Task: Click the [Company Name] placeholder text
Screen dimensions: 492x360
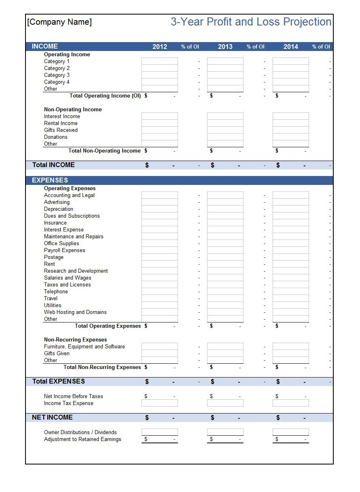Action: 59,22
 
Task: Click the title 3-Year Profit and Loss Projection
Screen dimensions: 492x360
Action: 251,22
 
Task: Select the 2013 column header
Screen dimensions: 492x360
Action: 225,47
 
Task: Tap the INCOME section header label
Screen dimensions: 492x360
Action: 45,47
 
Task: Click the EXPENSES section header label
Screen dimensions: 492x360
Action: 50,180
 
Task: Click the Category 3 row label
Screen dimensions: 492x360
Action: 57,75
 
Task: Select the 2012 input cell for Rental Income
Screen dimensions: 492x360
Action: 159,123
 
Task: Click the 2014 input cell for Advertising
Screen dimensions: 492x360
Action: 290,202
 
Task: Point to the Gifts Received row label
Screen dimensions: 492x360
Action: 61,130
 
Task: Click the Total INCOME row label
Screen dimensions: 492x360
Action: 53,165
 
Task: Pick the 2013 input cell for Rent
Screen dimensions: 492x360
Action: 225,264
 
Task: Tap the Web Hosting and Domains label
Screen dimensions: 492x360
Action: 75,312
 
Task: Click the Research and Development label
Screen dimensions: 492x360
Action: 76,271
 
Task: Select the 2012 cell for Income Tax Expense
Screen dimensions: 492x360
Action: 159,403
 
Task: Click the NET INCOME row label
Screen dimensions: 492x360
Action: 52,417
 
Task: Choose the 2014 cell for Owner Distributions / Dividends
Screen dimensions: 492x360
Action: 290,432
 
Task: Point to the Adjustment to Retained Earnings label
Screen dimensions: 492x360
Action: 83,439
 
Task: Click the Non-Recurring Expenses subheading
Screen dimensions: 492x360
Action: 75,339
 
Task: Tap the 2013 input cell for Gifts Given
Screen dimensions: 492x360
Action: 225,353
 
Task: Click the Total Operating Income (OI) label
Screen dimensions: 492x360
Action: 105,95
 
